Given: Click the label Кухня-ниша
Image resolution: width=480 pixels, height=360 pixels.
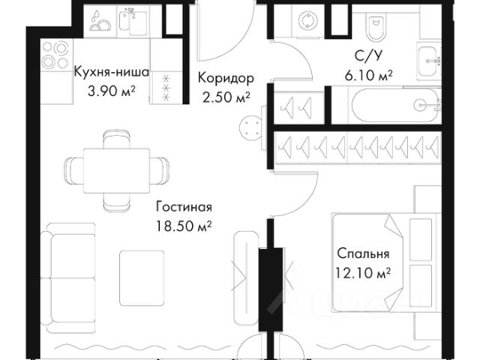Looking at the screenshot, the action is [111, 73].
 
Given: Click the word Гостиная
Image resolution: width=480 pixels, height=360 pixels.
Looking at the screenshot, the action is [183, 208].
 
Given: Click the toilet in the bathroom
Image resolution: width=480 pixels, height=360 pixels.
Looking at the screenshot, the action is [370, 28].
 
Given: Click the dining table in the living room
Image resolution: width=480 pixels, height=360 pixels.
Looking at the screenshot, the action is [115, 169].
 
